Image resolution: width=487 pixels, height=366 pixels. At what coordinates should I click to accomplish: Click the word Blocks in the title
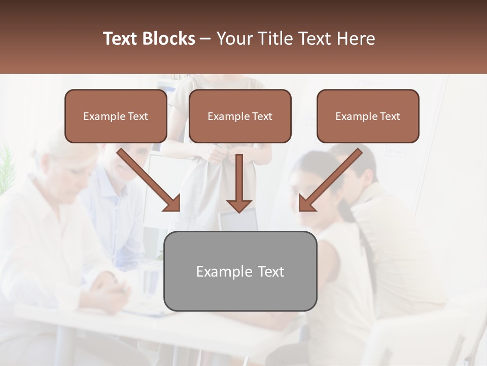coord(170,39)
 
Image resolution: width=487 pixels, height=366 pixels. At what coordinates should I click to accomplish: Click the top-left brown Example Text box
coord(116,116)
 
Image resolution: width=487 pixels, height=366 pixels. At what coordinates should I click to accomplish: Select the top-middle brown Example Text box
coord(240,116)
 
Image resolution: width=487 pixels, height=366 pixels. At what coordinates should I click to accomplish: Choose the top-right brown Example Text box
coord(368,116)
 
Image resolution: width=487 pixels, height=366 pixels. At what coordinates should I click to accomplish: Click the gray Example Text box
coord(240,271)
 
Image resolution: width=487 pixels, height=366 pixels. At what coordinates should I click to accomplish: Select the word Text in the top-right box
coord(390,116)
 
